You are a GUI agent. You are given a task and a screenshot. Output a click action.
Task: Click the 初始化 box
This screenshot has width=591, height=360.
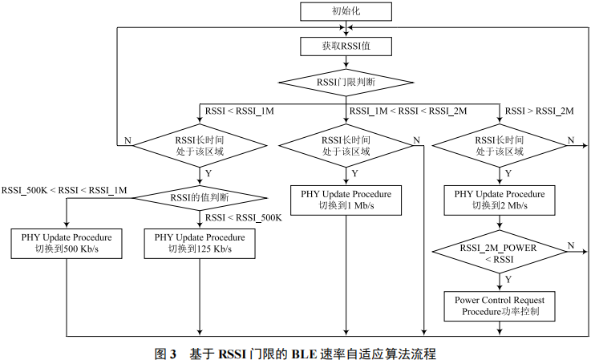[346, 11]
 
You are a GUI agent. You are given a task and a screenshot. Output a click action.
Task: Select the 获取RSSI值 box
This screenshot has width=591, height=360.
[346, 47]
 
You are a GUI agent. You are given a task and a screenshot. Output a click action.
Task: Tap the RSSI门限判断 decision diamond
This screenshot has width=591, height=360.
[346, 82]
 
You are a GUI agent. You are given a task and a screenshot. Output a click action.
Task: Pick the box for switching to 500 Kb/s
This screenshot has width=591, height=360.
[66, 243]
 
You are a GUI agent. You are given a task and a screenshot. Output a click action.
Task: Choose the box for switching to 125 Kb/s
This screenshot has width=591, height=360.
[199, 243]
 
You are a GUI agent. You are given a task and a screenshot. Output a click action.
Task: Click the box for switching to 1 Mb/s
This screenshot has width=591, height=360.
[346, 200]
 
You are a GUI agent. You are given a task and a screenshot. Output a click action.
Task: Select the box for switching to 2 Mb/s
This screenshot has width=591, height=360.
[499, 200]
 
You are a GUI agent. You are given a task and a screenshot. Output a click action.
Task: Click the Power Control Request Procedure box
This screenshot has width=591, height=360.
[499, 305]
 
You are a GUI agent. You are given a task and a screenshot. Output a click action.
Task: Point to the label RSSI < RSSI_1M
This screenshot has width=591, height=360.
[240, 111]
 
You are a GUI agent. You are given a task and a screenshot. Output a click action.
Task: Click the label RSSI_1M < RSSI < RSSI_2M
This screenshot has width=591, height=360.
[407, 111]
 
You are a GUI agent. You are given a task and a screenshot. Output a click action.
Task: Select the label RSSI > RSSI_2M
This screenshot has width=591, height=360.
[539, 111]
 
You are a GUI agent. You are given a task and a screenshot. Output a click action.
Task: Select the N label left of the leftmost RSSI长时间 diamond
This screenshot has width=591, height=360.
[127, 140]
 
